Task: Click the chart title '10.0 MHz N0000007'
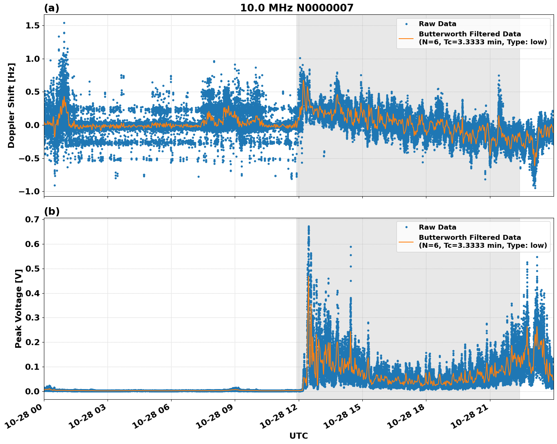296,8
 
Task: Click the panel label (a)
51,8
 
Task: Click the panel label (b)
51,211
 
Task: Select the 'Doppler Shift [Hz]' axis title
11,105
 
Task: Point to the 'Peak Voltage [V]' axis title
18,308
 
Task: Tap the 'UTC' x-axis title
298,436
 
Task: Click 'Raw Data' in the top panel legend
437,24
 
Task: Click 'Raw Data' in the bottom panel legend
437,227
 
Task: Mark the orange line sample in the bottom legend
406,241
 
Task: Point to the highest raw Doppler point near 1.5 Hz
64,23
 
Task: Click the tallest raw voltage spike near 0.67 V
309,227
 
